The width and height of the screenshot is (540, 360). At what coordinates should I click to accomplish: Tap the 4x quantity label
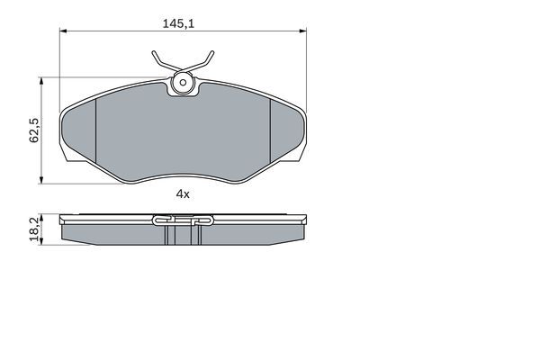pos(182,193)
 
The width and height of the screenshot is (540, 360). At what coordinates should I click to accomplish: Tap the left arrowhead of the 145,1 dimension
pos(64,32)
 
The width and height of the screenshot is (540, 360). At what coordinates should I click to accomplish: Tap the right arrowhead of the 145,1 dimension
pos(301,32)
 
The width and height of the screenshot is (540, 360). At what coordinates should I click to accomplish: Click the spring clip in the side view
pos(182,219)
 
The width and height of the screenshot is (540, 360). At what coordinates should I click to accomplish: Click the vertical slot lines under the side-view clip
pos(182,235)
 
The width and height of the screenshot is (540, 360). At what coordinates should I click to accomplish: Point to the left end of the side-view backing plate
pos(62,220)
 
